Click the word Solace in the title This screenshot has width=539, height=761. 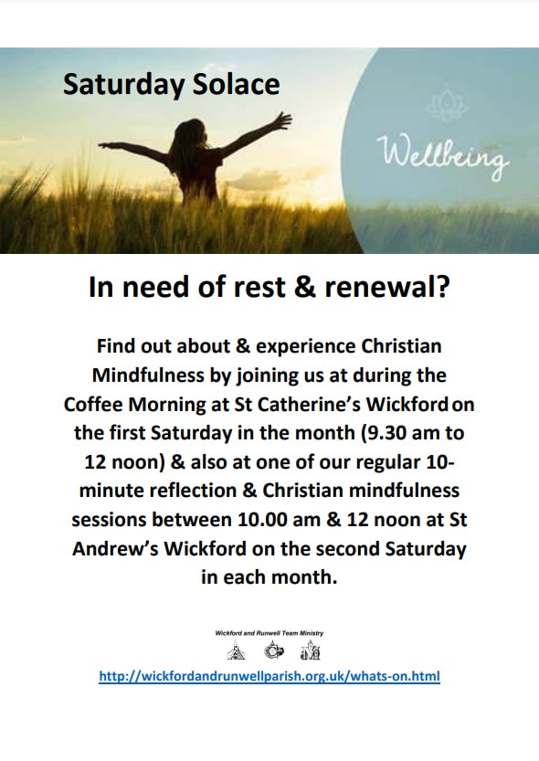pos(237,84)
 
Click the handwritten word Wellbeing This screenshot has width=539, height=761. pos(442,154)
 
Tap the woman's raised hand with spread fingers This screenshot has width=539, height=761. pos(280,121)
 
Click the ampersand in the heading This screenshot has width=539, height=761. pos(305,287)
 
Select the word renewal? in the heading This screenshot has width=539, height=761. pos(387,287)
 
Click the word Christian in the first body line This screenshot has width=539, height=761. pos(402,346)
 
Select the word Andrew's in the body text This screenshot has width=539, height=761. pos(115,549)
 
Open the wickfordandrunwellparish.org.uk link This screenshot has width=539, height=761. pos(269,676)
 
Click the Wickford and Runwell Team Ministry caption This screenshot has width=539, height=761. pos(269,633)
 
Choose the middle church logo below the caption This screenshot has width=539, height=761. pos(274,650)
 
